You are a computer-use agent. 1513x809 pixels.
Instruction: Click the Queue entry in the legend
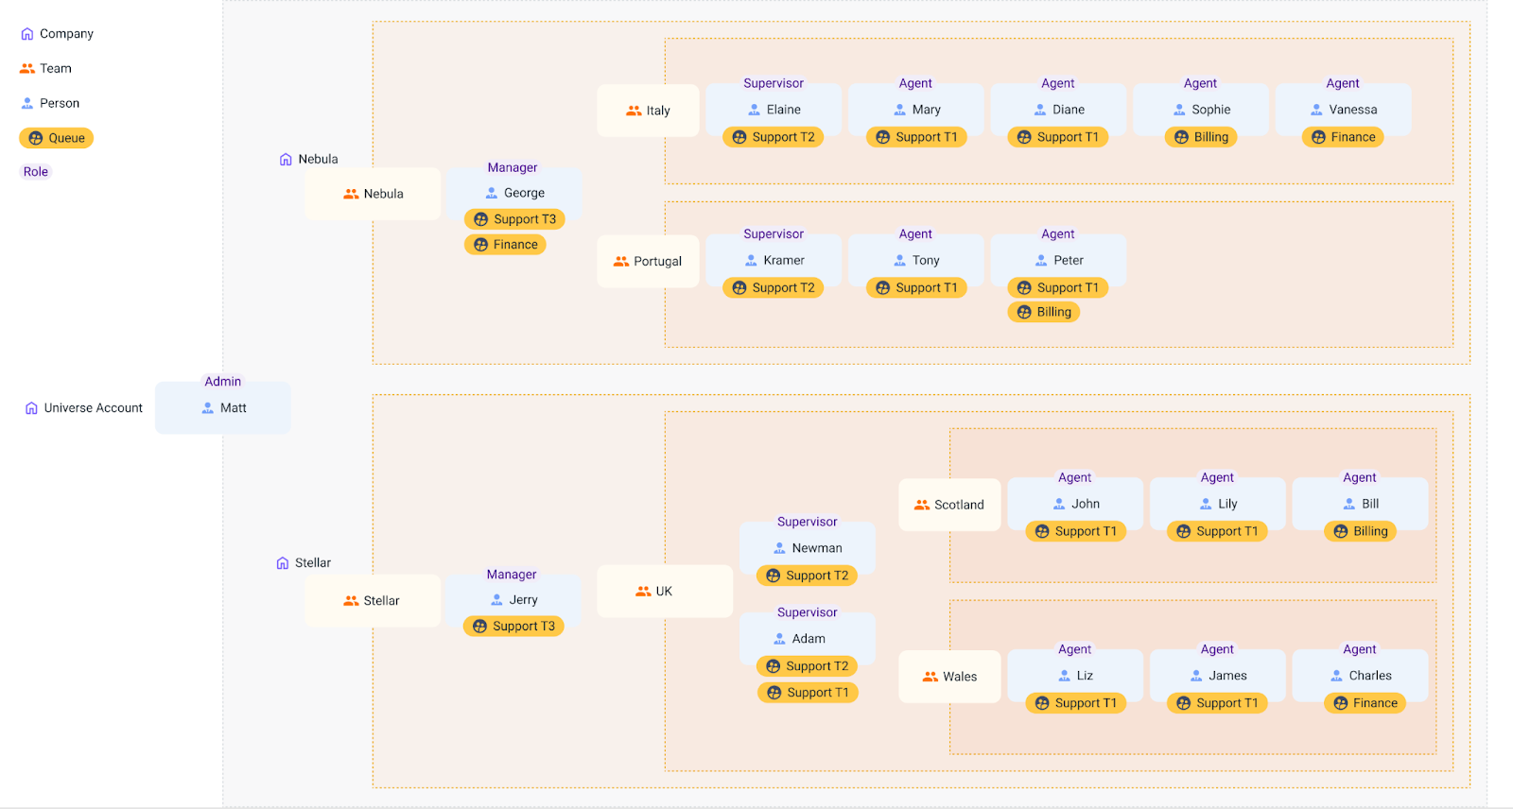pyautogui.click(x=57, y=138)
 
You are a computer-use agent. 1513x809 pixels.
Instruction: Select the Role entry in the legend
pyautogui.click(x=36, y=172)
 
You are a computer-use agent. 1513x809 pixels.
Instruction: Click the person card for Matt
pyautogui.click(x=223, y=408)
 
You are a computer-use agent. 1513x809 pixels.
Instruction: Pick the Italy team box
pyautogui.click(x=648, y=111)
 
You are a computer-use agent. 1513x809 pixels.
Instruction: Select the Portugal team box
pyautogui.click(x=648, y=262)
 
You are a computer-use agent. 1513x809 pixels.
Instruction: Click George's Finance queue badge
pyautogui.click(x=505, y=245)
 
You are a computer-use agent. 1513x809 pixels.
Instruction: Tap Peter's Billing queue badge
pyautogui.click(x=1044, y=312)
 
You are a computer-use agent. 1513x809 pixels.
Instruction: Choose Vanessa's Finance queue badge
pyautogui.click(x=1343, y=137)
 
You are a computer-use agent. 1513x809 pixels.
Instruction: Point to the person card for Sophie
pyautogui.click(x=1201, y=110)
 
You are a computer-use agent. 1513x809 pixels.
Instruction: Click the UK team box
pyautogui.click(x=664, y=592)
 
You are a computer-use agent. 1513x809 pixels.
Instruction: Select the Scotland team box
pyautogui.click(x=949, y=505)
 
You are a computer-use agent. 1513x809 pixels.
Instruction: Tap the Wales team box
pyautogui.click(x=949, y=677)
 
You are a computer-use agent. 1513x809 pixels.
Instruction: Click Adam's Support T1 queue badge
pyautogui.click(x=808, y=693)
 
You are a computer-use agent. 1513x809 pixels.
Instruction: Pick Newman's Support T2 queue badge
pyautogui.click(x=808, y=576)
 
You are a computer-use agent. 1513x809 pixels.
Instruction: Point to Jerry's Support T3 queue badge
pyautogui.click(x=513, y=627)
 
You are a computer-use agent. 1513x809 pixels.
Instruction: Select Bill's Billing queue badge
pyautogui.click(x=1360, y=531)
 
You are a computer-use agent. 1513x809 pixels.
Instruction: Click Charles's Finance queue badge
pyautogui.click(x=1365, y=703)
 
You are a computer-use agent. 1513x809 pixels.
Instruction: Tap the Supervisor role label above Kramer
pyautogui.click(x=774, y=234)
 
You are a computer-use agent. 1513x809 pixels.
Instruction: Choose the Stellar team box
pyautogui.click(x=373, y=601)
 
